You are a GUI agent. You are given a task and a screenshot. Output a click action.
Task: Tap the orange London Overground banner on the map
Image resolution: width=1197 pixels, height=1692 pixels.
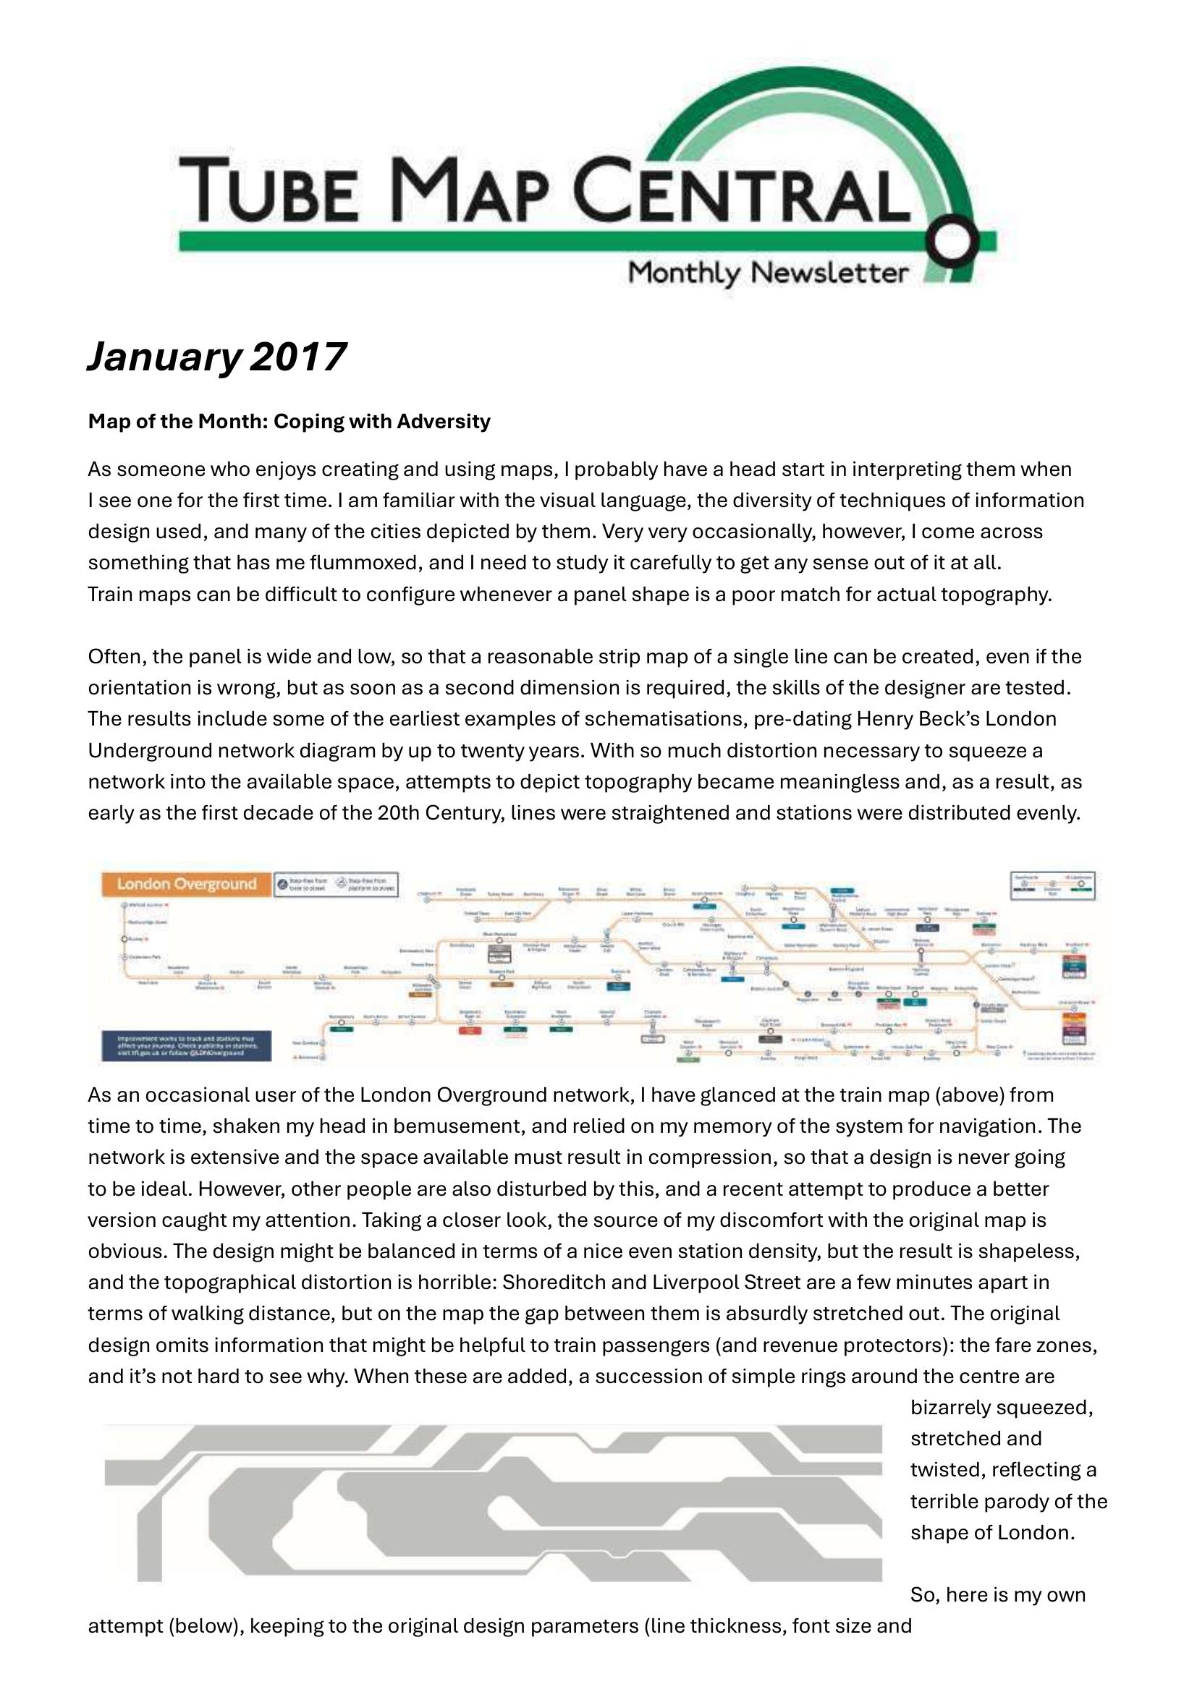(187, 884)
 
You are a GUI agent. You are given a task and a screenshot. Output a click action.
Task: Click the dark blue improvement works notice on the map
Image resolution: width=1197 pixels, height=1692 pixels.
(187, 1046)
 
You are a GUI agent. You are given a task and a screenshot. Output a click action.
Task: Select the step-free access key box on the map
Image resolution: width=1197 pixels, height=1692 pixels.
(335, 885)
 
